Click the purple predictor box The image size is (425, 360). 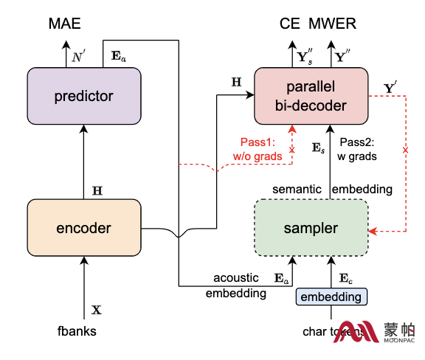tap(84, 96)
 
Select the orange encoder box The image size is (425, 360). tap(84, 228)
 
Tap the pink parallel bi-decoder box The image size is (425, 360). tap(311, 96)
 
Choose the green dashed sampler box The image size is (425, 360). tap(311, 228)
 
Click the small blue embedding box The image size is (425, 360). tap(331, 297)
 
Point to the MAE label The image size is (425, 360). tap(64, 24)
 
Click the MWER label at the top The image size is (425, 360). tap(332, 24)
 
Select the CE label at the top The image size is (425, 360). tap(290, 24)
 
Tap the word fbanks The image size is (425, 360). tap(77, 331)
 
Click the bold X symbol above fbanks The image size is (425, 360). tap(97, 310)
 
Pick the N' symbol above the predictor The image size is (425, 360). tap(78, 56)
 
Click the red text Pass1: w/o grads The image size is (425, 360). tap(258, 149)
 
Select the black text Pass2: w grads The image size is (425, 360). tap(357, 149)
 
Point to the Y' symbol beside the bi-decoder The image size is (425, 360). tap(390, 87)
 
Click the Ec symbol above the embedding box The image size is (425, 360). tap(345, 278)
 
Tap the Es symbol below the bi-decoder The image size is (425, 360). tap(318, 148)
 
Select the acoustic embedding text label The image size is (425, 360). tap(236, 285)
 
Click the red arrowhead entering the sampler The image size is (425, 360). tap(373, 231)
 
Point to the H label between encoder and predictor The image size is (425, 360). tap(97, 191)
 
